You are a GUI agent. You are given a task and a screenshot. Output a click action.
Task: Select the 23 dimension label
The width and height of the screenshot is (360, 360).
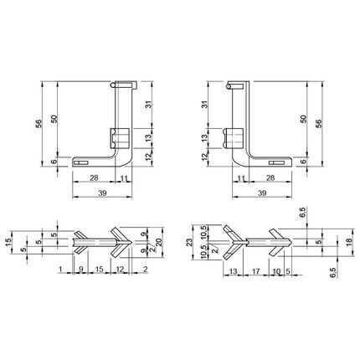pos(189,242)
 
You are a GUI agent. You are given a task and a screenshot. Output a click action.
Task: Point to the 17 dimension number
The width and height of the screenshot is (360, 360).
pos(255,271)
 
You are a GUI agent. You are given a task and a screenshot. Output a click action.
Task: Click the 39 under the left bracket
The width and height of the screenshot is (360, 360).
pos(103,193)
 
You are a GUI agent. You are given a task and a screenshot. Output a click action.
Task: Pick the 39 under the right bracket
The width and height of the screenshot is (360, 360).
pos(262,193)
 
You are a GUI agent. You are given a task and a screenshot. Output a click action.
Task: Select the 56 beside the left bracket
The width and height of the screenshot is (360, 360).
pos(39,124)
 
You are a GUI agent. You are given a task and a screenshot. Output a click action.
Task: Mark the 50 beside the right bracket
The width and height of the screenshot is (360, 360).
pos(304,119)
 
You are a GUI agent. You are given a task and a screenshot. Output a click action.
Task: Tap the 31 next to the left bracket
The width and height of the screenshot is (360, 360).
pos(149,105)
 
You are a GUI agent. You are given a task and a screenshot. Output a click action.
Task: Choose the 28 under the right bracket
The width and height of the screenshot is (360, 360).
pos(270,177)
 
